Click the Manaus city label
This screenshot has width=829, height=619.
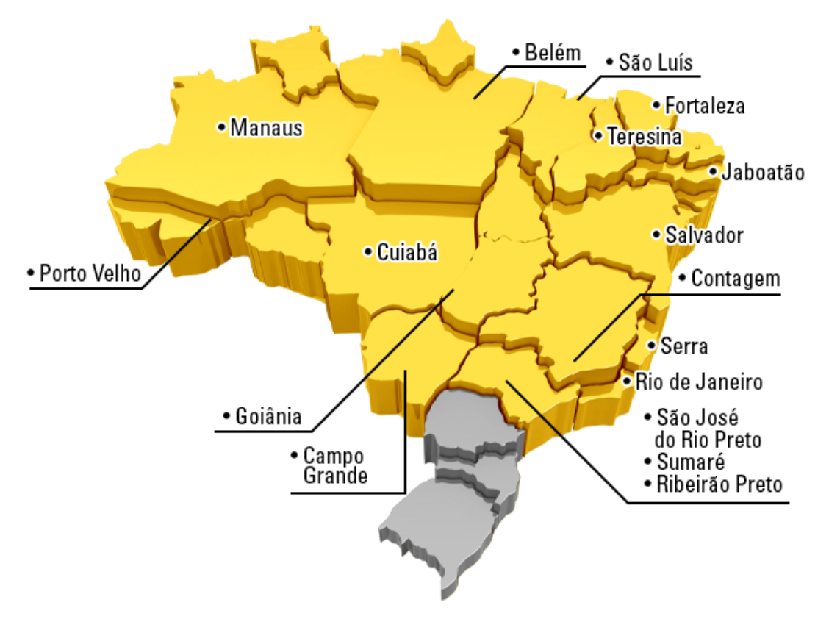266,128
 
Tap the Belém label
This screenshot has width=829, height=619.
553,53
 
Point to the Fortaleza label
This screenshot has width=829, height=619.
704,106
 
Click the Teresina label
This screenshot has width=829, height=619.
644,137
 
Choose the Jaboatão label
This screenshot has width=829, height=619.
762,173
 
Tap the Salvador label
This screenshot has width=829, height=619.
704,235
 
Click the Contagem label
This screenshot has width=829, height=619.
735,279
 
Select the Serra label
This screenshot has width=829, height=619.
684,346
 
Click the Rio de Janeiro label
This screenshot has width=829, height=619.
698,382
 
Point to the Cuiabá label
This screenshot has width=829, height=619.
406,253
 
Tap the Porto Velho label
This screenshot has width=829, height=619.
90,273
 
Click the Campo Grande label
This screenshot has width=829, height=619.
334,465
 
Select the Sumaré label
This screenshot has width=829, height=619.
690,462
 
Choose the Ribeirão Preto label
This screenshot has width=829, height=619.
719,484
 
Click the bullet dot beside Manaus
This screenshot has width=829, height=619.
220,127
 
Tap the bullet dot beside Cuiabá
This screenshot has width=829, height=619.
367,251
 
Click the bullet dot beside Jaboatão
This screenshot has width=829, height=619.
713,172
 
